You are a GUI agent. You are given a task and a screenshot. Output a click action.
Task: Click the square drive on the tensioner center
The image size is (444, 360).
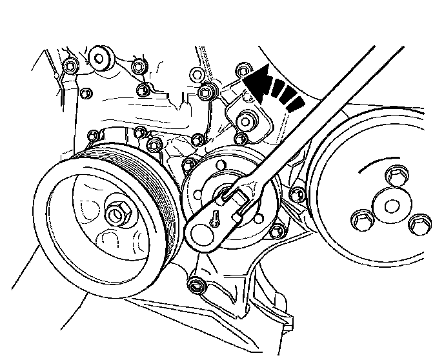point(227,192)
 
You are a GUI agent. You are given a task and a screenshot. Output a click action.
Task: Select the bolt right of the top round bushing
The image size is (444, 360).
point(137,66)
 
